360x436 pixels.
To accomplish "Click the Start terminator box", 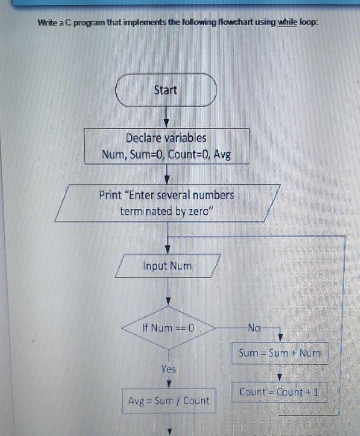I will pyautogui.click(x=166, y=90).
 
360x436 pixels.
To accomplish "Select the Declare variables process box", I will pyautogui.click(x=167, y=146).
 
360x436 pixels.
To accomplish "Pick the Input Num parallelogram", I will pyautogui.click(x=167, y=266).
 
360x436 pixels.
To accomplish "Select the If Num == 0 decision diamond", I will pyautogui.click(x=168, y=328).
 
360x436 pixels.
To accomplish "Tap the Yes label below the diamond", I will pyautogui.click(x=168, y=369).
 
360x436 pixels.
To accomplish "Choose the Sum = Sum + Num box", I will pyautogui.click(x=279, y=353).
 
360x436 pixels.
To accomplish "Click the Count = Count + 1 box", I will pyautogui.click(x=279, y=392).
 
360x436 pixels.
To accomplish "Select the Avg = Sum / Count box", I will pyautogui.click(x=168, y=401).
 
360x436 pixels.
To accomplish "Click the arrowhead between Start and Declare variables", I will pyautogui.click(x=166, y=123).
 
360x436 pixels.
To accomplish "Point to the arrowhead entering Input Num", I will pyautogui.click(x=167, y=250).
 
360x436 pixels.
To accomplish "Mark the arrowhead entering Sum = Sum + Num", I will pyautogui.click(x=280, y=337).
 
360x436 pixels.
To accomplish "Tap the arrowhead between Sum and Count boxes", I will pyautogui.click(x=280, y=378).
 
